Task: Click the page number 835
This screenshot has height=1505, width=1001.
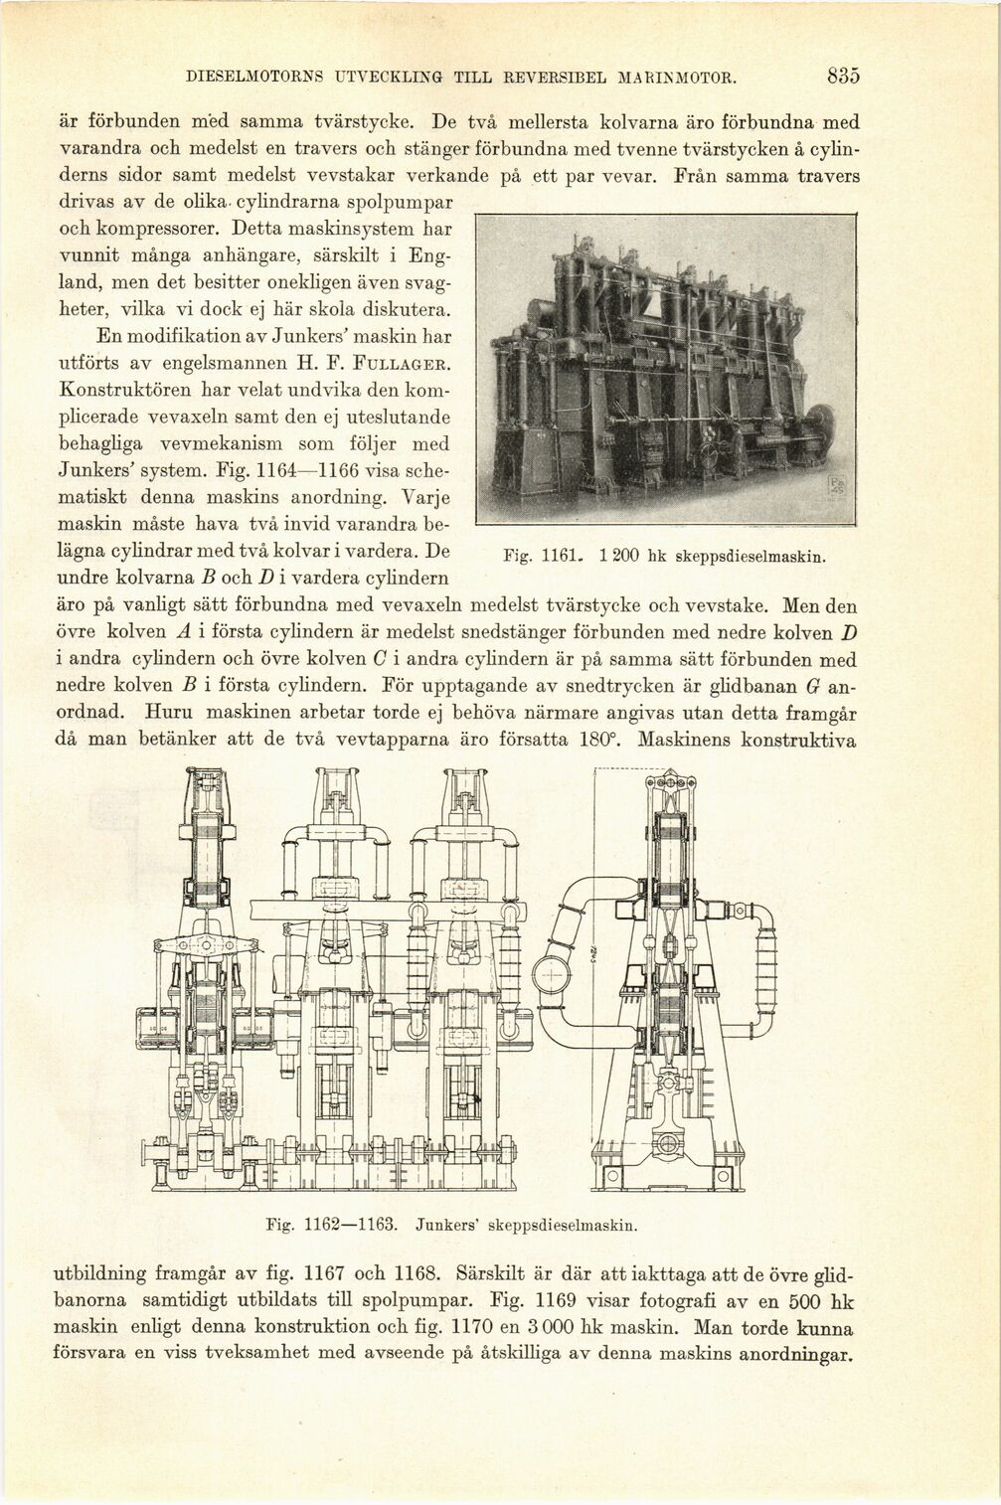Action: [841, 76]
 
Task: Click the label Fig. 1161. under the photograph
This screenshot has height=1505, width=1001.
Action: [541, 558]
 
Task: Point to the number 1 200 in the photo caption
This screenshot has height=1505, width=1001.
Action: [618, 558]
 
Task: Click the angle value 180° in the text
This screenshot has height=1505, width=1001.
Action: [601, 741]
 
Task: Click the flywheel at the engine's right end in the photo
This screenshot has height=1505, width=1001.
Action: [817, 426]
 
